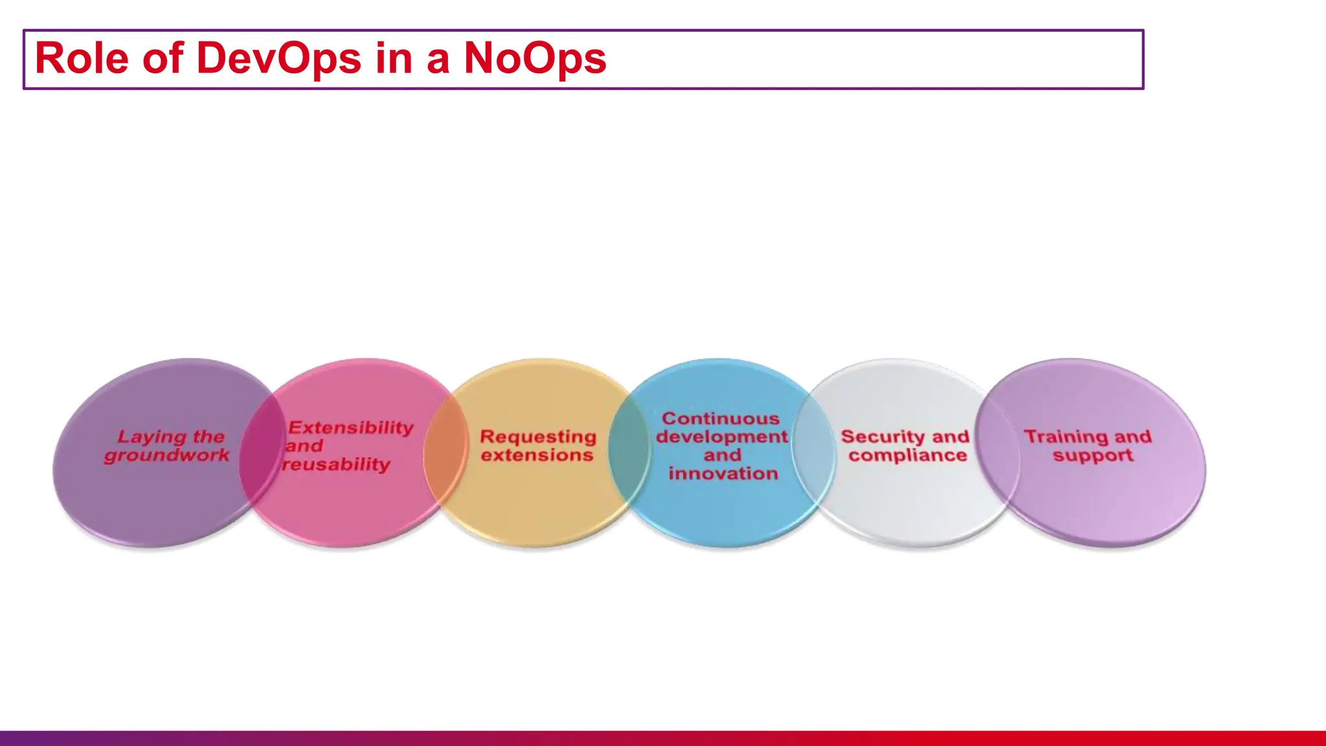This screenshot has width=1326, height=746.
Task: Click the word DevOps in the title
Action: point(278,58)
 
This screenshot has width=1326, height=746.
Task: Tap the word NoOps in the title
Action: point(535,58)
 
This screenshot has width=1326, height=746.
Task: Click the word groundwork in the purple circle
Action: point(166,455)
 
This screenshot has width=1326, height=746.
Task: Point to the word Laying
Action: point(144,437)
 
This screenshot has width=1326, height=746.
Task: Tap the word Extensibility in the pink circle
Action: point(350,427)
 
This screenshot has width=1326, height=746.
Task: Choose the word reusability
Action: point(337,464)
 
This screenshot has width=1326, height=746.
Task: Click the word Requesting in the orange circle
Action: point(537,437)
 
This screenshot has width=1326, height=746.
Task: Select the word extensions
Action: point(537,455)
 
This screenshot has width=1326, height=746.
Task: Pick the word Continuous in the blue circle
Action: point(720,418)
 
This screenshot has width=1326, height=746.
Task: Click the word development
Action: point(722,436)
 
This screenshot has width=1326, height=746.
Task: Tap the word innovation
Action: point(723,473)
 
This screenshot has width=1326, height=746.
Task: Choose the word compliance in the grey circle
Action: point(907,455)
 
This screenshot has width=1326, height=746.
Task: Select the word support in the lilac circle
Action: point(1092,455)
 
